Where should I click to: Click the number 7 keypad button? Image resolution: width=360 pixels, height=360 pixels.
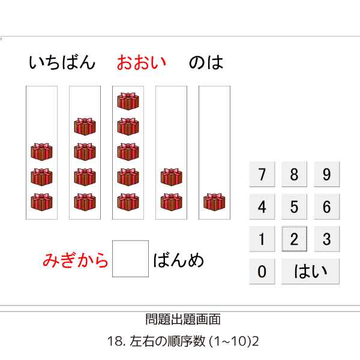pyautogui.click(x=262, y=174)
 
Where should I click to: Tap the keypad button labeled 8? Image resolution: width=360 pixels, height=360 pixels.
pyautogui.click(x=294, y=174)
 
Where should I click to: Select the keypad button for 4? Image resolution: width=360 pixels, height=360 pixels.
pyautogui.click(x=262, y=206)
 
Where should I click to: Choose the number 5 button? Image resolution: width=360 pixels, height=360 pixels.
pyautogui.click(x=294, y=206)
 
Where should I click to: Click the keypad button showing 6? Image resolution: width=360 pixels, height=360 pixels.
pyautogui.click(x=327, y=206)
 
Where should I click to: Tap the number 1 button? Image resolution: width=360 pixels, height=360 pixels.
pyautogui.click(x=262, y=239)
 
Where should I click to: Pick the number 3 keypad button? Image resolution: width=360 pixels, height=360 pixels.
pyautogui.click(x=327, y=239)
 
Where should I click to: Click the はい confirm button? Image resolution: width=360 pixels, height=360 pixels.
pyautogui.click(x=310, y=271)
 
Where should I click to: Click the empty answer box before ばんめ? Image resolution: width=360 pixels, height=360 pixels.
pyautogui.click(x=130, y=259)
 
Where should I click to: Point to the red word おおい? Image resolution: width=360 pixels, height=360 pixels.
pyautogui.click(x=142, y=62)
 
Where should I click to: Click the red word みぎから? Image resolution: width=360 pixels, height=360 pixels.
pyautogui.click(x=76, y=260)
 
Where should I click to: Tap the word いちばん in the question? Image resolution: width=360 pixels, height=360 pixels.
pyautogui.click(x=62, y=62)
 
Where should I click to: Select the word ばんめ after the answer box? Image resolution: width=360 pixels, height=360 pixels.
pyautogui.click(x=178, y=260)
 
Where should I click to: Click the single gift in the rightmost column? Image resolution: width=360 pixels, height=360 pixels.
pyautogui.click(x=214, y=202)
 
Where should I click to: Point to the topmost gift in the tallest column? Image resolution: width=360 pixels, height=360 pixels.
pyautogui.click(x=128, y=101)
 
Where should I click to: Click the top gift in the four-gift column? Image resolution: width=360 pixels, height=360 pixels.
pyautogui.click(x=85, y=127)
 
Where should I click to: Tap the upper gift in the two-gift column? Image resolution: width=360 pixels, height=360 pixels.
pyautogui.click(x=171, y=177)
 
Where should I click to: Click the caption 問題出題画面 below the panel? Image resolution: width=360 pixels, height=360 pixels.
pyautogui.click(x=183, y=319)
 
